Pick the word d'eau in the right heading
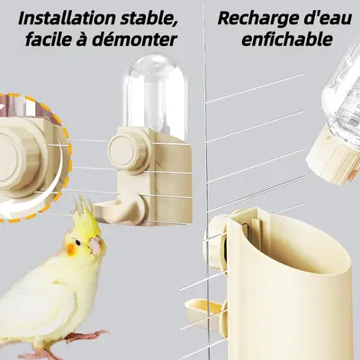pos(328,16)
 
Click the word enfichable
pos(289,40)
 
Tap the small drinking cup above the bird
pos(112,213)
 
